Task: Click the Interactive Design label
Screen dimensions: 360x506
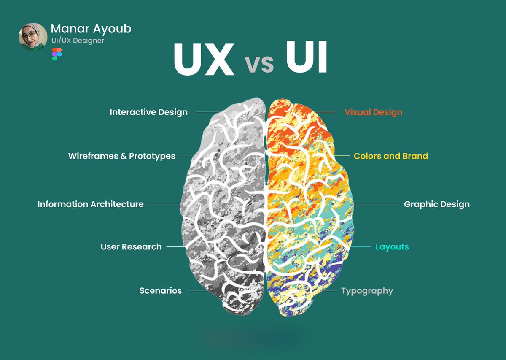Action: [x=148, y=112]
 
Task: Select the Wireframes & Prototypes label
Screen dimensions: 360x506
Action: [x=121, y=156]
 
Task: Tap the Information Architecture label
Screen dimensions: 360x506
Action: [x=91, y=204]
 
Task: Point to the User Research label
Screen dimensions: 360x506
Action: [x=131, y=247]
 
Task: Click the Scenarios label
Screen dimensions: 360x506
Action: [x=161, y=291]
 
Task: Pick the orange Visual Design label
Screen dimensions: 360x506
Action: [x=373, y=112]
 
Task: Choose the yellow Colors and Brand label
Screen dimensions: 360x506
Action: [x=391, y=156]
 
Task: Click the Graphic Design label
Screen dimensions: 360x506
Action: [x=436, y=204]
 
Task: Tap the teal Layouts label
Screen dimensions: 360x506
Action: [x=392, y=247]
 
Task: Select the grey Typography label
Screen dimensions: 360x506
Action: [x=367, y=291]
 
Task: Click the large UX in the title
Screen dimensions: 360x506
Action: [x=204, y=60]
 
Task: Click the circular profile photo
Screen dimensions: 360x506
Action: [x=33, y=37]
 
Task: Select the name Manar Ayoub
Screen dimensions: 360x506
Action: [x=91, y=29]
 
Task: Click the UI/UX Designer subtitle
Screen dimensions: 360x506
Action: [x=77, y=41]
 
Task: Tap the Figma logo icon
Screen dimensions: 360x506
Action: [x=57, y=54]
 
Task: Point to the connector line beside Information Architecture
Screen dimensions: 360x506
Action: [x=164, y=204]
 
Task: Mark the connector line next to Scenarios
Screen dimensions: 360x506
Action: [x=198, y=291]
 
